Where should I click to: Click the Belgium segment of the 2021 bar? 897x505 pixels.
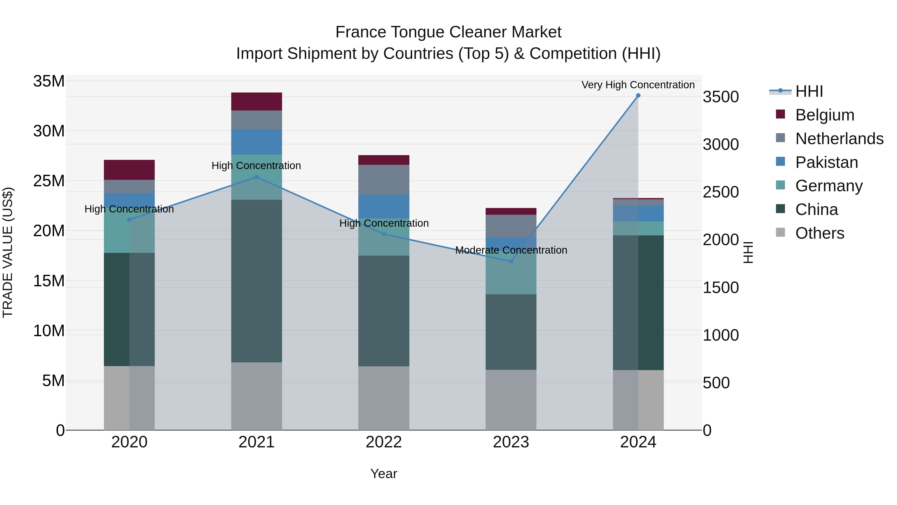256,101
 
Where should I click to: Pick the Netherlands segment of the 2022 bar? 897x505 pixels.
384,180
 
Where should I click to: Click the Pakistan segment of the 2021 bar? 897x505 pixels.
256,142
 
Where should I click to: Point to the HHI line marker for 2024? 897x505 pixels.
638,96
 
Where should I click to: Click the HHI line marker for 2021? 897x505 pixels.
256,177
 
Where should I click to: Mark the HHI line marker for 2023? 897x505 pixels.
511,261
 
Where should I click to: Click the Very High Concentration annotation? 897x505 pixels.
638,85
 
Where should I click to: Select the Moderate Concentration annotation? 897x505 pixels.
511,250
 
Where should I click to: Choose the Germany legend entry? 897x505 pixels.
829,186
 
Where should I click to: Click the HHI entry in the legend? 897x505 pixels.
809,91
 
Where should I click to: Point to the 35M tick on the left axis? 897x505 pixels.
49,81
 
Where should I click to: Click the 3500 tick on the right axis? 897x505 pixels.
720,97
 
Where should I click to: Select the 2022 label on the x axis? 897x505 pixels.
384,442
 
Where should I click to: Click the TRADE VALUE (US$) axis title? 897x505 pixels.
8,252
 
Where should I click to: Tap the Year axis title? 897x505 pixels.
384,474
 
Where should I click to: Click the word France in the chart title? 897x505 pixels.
360,32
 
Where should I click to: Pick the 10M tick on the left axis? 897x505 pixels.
49,331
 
